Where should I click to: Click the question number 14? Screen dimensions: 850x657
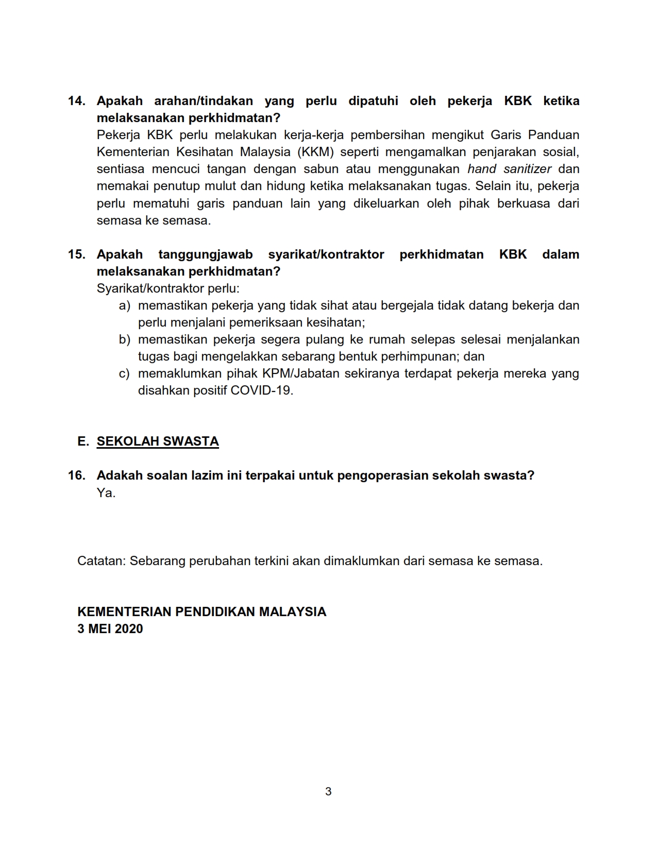pos(76,101)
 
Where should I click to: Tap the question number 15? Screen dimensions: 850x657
pos(76,254)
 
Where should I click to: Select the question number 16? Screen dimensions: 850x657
pos(76,475)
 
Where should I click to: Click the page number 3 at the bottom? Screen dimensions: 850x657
pos(328,792)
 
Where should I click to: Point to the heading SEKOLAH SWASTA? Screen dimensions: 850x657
pos(158,441)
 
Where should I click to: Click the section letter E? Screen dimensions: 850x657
pos(83,441)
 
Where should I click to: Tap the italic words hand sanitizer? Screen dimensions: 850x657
pos(509,169)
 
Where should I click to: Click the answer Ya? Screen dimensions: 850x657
pos(106,493)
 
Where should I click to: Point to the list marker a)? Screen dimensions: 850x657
pos(125,305)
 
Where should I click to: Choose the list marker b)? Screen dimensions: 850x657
pos(125,339)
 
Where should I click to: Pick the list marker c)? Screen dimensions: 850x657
pos(125,373)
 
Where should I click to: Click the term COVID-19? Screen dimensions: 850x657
pos(261,390)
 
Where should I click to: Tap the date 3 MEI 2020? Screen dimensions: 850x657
pos(110,629)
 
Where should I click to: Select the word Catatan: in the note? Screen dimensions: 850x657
pos(101,561)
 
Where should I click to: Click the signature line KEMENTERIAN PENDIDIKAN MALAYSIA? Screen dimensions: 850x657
pos(201,612)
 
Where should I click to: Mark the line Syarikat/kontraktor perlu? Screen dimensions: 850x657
pos(168,288)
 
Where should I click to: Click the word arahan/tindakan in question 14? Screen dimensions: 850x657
pos(204,101)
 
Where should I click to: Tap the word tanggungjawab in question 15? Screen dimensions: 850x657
pos(206,254)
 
